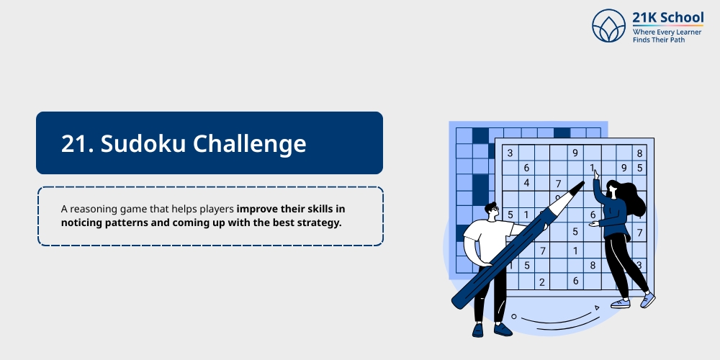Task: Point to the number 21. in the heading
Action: point(76,143)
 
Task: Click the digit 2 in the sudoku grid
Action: point(542,282)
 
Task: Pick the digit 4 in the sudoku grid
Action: point(526,183)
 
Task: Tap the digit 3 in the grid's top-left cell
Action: point(510,153)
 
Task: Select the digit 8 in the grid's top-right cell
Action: point(639,153)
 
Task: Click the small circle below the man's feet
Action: point(513,316)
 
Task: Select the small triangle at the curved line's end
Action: point(596,308)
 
